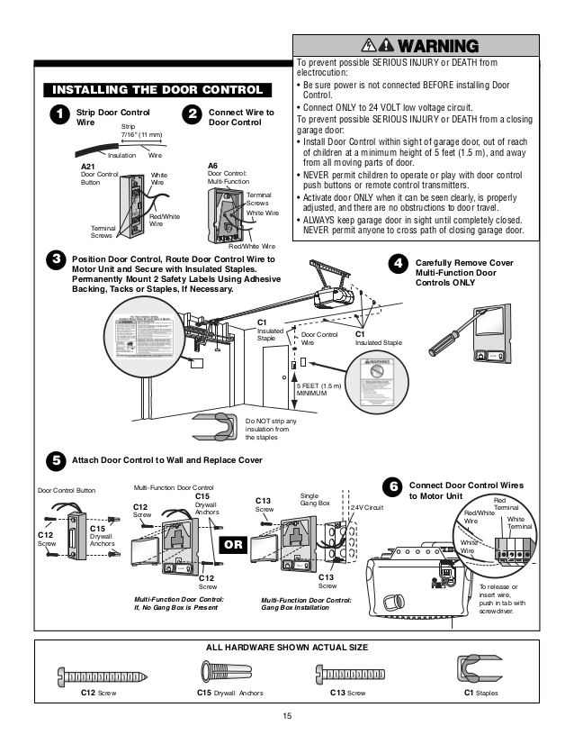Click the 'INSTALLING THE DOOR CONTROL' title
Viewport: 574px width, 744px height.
click(x=157, y=90)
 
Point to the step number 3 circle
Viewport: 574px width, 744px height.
click(x=57, y=260)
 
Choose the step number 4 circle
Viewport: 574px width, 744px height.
click(x=397, y=263)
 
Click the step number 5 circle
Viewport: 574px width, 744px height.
click(x=57, y=460)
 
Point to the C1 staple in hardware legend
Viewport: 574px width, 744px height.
click(x=476, y=671)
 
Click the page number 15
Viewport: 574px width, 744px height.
click(x=287, y=716)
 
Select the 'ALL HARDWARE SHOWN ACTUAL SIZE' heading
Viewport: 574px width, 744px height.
click(x=288, y=647)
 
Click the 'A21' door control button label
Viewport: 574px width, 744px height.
click(x=88, y=168)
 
